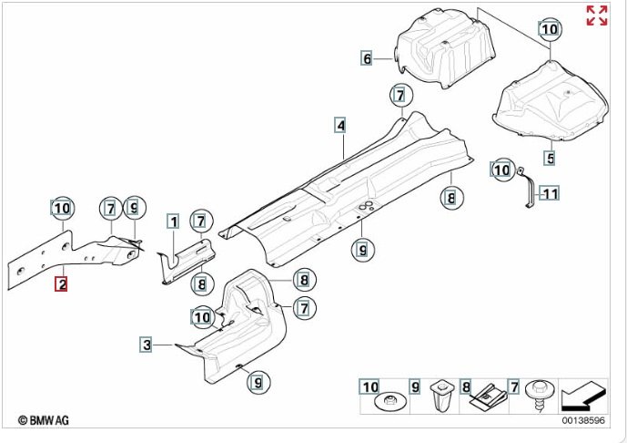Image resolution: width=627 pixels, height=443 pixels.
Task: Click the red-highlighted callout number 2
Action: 61,284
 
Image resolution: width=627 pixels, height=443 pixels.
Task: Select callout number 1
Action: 172,220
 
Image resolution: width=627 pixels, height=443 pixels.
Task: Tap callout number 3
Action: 146,344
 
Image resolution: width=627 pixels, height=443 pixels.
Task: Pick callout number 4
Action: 339,125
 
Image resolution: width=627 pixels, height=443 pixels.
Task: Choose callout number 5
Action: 550,158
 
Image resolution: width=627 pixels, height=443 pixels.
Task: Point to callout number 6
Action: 367,59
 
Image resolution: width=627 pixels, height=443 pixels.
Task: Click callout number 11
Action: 550,192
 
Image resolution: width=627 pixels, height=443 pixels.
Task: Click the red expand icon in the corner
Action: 597,15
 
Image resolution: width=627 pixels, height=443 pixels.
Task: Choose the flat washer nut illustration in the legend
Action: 392,398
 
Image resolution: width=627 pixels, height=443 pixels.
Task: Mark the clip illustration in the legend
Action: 490,394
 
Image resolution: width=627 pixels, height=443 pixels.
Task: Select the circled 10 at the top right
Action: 548,29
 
